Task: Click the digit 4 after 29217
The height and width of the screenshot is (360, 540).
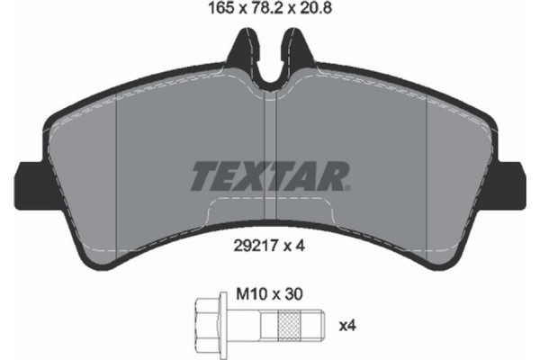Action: point(297,241)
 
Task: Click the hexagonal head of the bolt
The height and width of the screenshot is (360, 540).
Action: point(204,322)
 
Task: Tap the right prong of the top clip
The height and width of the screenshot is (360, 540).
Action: point(296,49)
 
